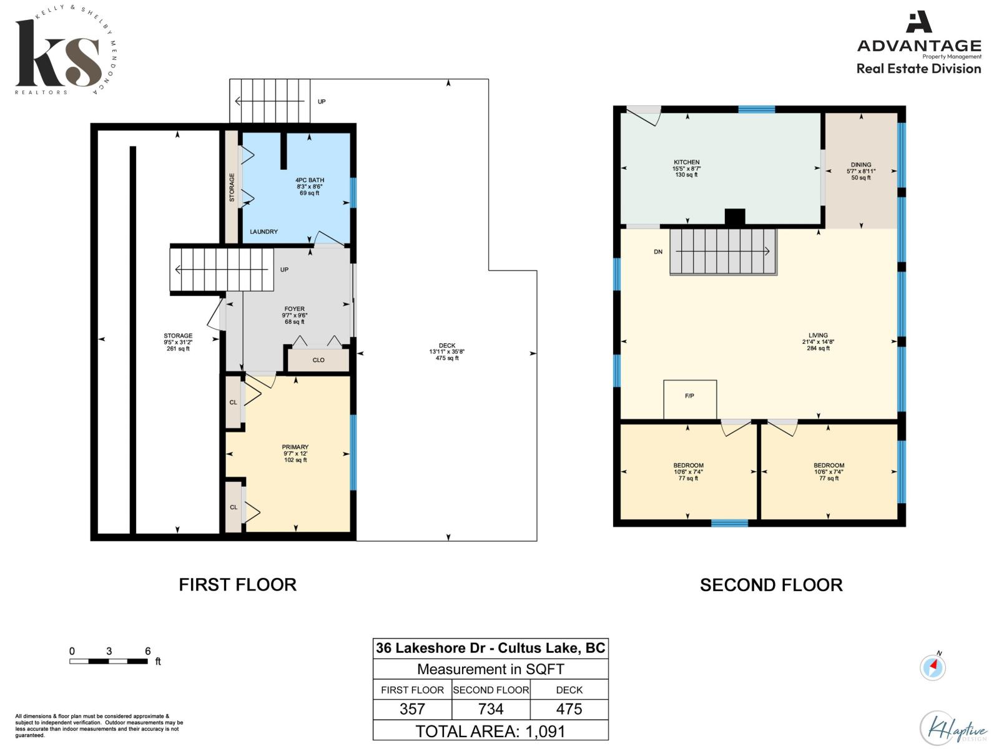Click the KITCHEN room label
pos(686,162)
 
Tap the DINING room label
pos(860,165)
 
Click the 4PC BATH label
pos(309,180)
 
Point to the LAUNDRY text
pos(263,232)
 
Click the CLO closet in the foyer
pos(318,360)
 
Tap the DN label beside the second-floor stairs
pos(658,252)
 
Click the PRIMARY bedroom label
pos(295,447)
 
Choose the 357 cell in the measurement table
pos(412,709)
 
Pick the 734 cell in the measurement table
pos(491,709)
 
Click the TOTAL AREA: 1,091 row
pos(491,731)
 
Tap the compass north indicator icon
pos(933,667)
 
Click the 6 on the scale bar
pos(148,651)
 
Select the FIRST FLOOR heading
pos(237,585)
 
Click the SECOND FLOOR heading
pos(771,585)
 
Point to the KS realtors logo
pos(59,53)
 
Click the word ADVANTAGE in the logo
pos(919,46)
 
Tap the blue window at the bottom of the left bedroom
pos(729,523)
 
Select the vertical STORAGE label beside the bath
pos(232,187)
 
